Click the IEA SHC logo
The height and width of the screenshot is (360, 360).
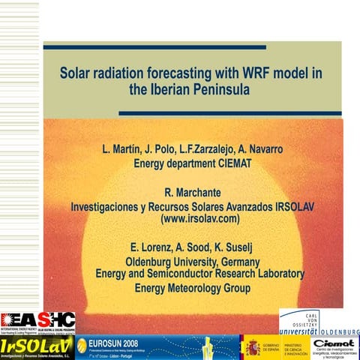37,322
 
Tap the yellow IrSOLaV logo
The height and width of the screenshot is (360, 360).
37,346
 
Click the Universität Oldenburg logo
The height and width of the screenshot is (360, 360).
319,322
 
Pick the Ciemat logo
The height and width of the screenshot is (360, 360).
335,346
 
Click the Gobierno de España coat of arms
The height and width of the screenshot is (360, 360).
253,346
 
